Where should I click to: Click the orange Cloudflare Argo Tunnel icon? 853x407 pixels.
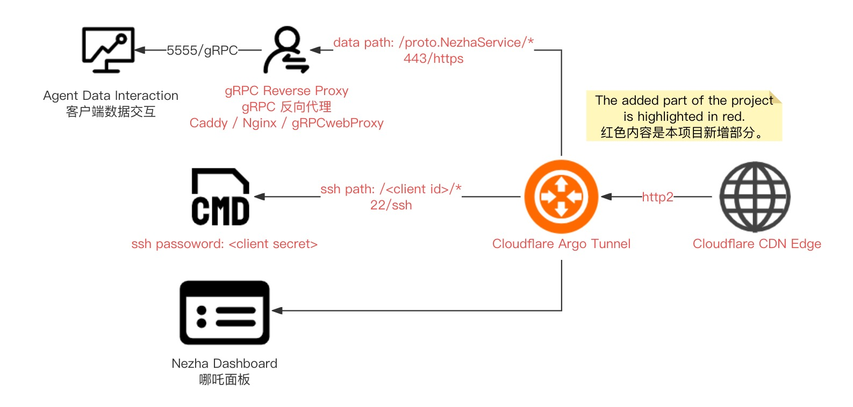(x=561, y=197)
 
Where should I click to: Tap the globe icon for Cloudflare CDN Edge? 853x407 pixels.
(x=755, y=197)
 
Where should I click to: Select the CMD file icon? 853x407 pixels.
(x=220, y=197)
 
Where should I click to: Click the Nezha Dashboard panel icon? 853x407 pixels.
(x=224, y=312)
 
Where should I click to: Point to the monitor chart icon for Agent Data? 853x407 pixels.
(x=108, y=49)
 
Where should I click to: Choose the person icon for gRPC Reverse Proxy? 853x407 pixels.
(x=286, y=50)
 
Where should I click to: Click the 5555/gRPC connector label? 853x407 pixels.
(x=202, y=50)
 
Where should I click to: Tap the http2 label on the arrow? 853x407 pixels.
(x=657, y=197)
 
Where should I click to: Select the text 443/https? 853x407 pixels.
(x=433, y=59)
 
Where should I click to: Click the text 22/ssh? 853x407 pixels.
(x=391, y=205)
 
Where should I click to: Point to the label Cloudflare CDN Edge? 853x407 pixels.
(x=756, y=244)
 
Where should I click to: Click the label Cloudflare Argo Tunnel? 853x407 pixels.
(x=561, y=244)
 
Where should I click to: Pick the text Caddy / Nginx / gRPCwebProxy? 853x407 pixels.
(x=286, y=123)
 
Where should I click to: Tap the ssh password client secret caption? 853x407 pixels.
(x=224, y=244)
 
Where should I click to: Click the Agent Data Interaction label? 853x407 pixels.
(x=111, y=96)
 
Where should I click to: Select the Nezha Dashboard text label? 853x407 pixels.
(x=224, y=364)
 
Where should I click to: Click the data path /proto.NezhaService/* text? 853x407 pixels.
(x=433, y=42)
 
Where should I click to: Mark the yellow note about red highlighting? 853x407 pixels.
(x=684, y=116)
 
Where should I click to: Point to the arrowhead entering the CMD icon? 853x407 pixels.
(x=259, y=197)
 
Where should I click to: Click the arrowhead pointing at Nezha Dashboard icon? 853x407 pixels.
(x=277, y=310)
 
